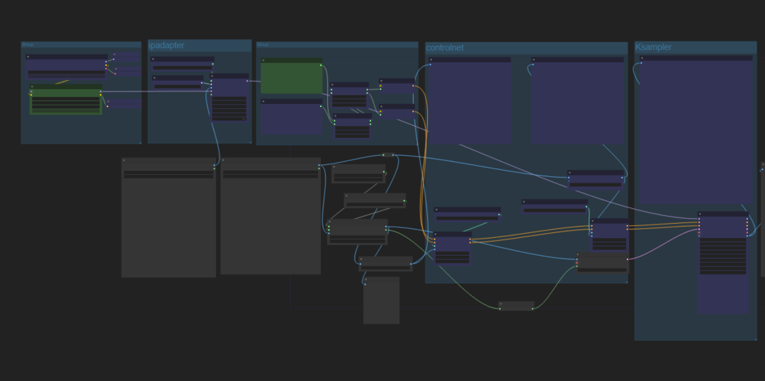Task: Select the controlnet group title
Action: [x=445, y=47]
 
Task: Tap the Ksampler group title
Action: [x=653, y=47]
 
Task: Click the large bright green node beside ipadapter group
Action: [x=291, y=78]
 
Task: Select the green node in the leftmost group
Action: [x=66, y=101]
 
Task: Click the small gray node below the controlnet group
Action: [x=516, y=306]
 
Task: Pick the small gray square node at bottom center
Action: [x=381, y=300]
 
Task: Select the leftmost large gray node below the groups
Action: [x=169, y=220]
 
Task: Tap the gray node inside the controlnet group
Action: [x=602, y=263]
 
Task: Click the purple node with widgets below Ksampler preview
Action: [x=722, y=262]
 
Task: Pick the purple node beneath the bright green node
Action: [x=291, y=117]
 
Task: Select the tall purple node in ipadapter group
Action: [x=229, y=97]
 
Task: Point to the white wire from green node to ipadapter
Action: [x=156, y=91]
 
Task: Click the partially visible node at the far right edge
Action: [x=762, y=220]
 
